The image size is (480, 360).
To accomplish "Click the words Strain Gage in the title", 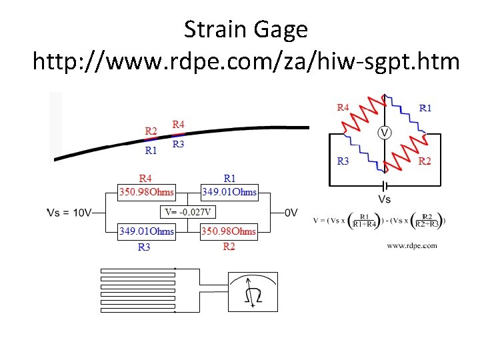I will (x=246, y=29).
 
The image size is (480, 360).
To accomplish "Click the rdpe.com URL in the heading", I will (x=246, y=62).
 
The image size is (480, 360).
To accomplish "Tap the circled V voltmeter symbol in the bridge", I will (x=385, y=133).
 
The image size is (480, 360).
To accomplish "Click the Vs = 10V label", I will (x=69, y=213).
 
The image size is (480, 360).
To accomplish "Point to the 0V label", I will (x=291, y=213).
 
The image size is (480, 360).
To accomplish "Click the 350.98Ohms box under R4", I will (x=146, y=192).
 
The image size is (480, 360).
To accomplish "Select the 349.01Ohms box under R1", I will (x=229, y=192).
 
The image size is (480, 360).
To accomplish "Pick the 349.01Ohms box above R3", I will (x=146, y=232).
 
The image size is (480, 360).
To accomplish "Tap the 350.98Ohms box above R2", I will (x=229, y=232).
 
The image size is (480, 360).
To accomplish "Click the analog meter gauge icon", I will (x=253, y=291).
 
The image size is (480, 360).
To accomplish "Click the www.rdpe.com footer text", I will (x=412, y=246).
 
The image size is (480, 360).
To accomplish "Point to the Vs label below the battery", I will (x=385, y=199).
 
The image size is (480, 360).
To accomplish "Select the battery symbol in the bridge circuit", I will (x=384, y=185).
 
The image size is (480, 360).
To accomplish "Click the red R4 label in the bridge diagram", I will (x=343, y=107).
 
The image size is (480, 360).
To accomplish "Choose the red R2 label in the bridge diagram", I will (x=424, y=160).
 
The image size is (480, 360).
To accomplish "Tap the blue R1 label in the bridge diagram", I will (x=425, y=107).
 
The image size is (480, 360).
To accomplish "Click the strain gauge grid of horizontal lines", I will (x=137, y=290).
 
